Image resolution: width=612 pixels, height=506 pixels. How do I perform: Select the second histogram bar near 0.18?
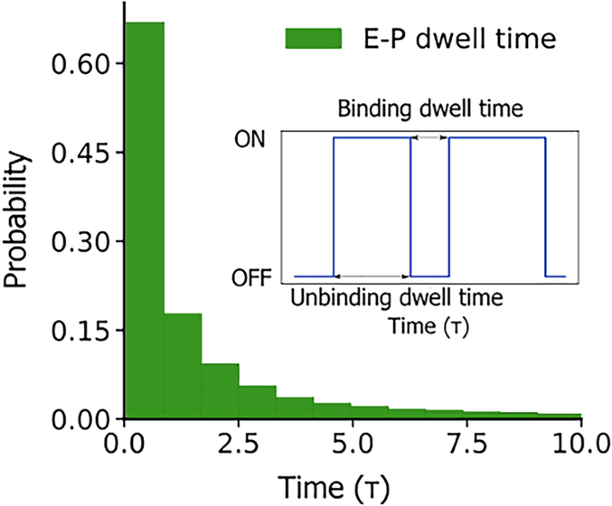[182, 366]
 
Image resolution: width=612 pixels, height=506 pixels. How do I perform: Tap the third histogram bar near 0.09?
[220, 391]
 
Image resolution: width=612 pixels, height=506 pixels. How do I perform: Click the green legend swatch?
[313, 38]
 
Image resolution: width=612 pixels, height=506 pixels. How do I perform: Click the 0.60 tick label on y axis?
[82, 64]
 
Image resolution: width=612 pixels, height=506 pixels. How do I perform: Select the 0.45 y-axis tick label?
[82, 153]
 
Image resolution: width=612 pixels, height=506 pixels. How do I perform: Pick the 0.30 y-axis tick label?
[82, 241]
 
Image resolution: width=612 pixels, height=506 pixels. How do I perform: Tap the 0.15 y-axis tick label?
[82, 330]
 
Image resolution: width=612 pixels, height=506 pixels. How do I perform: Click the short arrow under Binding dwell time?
[430, 137]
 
